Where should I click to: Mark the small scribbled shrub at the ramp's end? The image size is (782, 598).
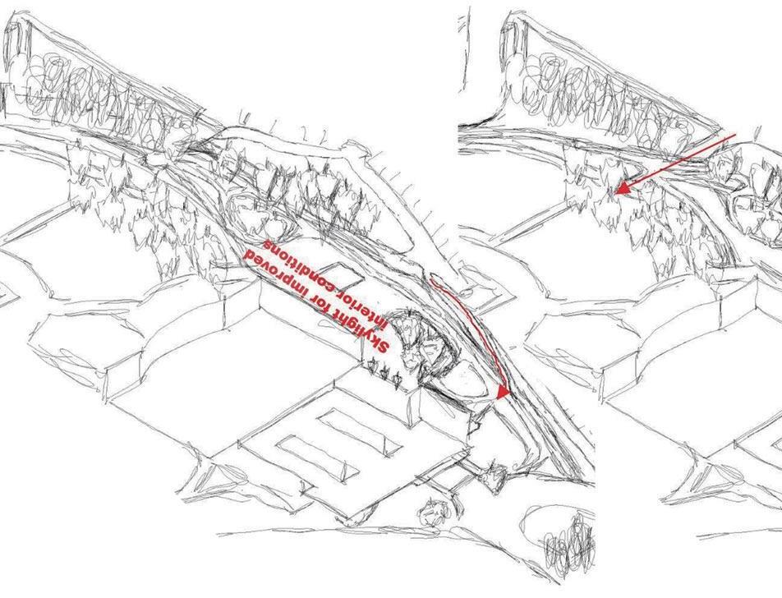[495, 474]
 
